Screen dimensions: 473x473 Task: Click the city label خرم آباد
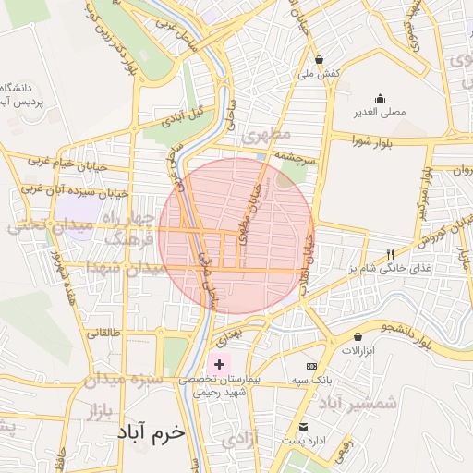tap(151, 432)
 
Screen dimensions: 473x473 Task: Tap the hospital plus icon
tap(219, 365)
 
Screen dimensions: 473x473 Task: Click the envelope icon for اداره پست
tap(304, 426)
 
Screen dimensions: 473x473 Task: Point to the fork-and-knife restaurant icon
tap(391, 254)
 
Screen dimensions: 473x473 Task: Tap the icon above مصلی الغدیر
tap(380, 99)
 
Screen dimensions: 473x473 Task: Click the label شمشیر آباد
tap(358, 404)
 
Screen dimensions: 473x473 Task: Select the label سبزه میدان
tap(124, 380)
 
